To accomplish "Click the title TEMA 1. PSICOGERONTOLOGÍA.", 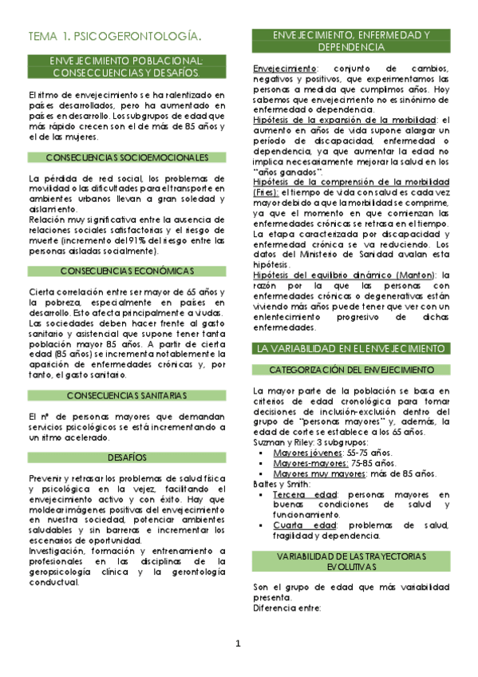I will (x=114, y=36).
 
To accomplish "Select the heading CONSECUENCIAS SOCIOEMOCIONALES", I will (x=127, y=157).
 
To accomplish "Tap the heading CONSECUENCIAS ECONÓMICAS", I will (x=127, y=271).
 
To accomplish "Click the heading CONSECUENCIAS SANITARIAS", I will (x=127, y=396).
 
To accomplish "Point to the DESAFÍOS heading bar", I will (x=127, y=457).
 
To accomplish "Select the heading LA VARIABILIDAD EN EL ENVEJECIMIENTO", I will (x=349, y=348).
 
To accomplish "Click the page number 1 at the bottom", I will (x=239, y=644).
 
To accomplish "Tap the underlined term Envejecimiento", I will (x=279, y=69).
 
